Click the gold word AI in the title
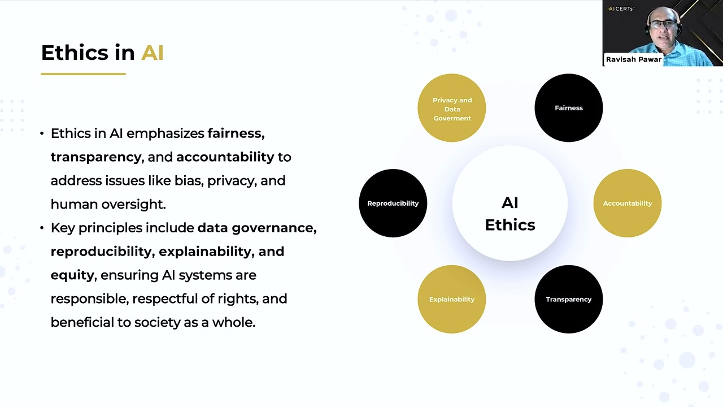[x=152, y=53]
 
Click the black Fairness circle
[x=568, y=107]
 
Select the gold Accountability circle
[x=627, y=203]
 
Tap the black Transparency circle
[x=568, y=299]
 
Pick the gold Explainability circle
[x=451, y=299]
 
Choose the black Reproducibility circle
[x=393, y=203]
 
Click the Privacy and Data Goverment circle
[x=451, y=108]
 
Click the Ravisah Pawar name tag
[x=633, y=59]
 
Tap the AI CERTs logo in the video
[x=621, y=8]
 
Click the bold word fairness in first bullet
[x=235, y=133]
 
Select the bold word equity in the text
[x=72, y=275]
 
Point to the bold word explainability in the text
[x=205, y=251]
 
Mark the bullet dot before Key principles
[x=42, y=228]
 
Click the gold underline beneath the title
[x=83, y=73]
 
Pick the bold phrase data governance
[x=256, y=228]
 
